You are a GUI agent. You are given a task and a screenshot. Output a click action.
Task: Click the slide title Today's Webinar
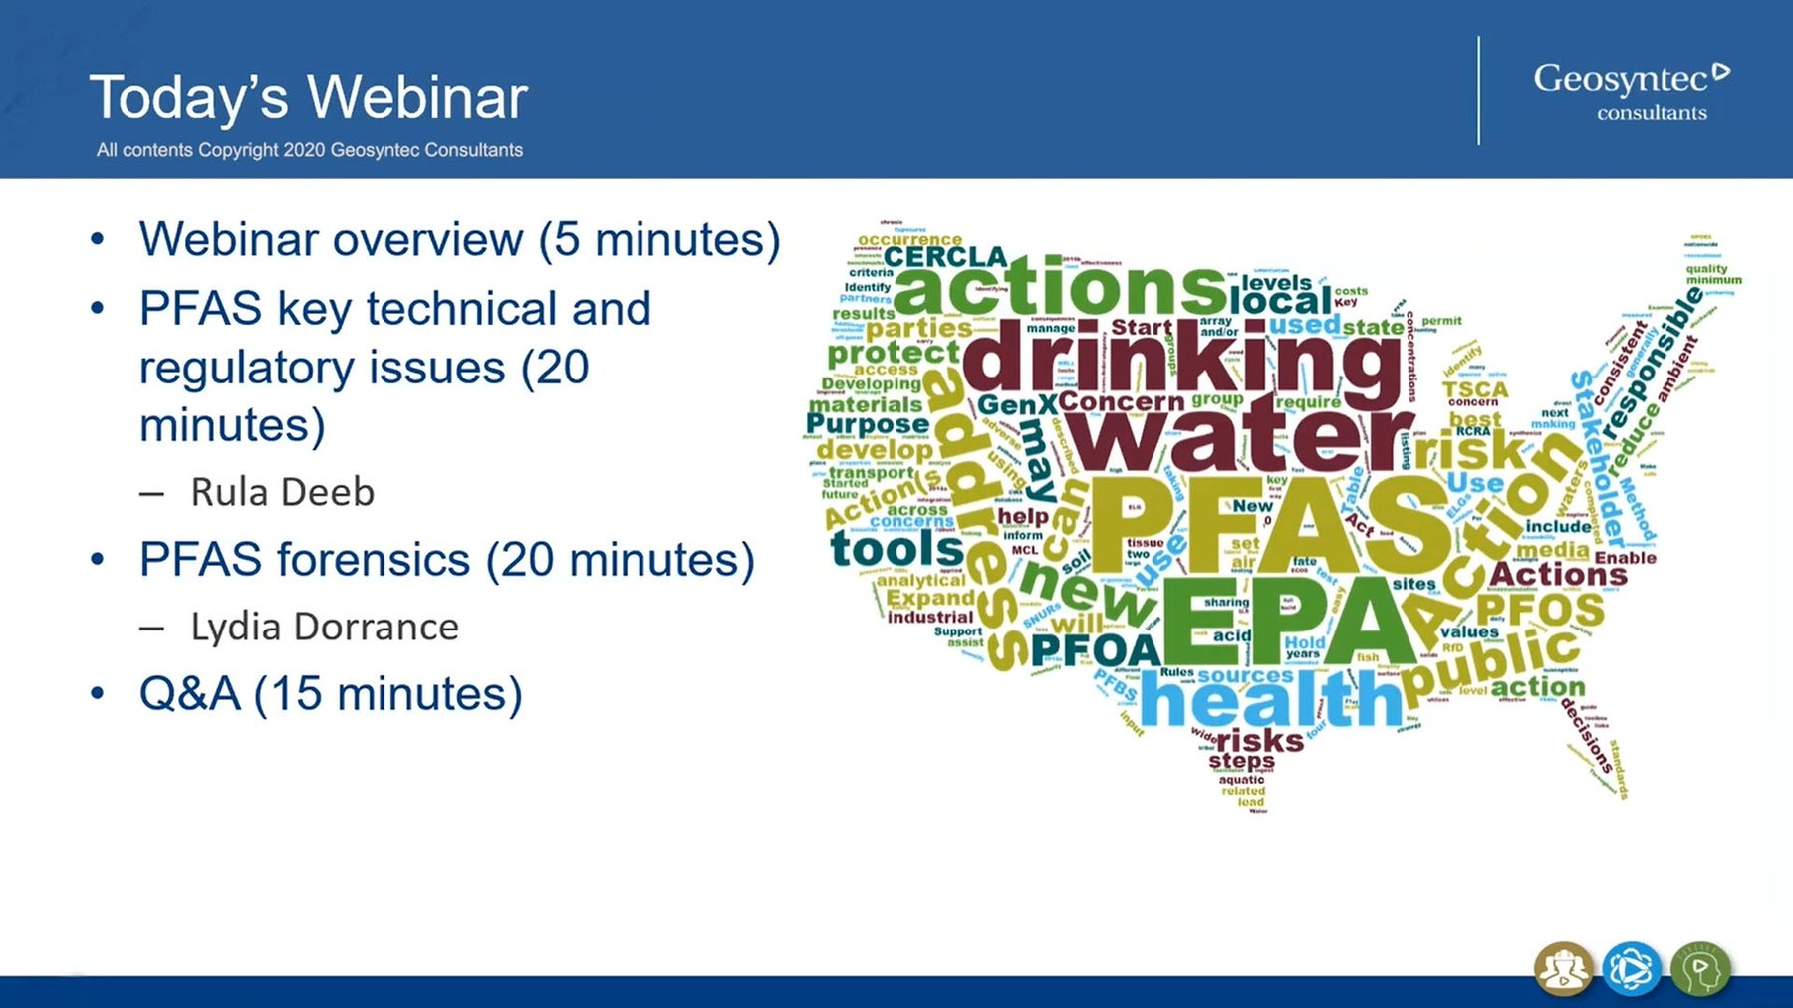point(308,98)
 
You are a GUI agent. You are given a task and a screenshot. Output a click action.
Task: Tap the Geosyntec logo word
point(1621,78)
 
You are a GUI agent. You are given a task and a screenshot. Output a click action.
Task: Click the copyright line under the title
point(309,150)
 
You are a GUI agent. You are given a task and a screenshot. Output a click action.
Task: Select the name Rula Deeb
point(282,492)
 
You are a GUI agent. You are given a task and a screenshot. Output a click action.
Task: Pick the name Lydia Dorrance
point(325,627)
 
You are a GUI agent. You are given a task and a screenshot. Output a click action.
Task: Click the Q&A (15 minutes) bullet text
point(330,693)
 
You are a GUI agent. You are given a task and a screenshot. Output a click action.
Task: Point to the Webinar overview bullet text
point(459,239)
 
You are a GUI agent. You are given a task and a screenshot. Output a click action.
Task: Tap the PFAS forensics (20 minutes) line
point(446,559)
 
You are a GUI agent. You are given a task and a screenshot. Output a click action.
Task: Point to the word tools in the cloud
point(896,548)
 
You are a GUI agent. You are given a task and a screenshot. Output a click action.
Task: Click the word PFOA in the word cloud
point(1096,651)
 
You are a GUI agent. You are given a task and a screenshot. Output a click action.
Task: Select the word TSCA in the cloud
point(1474,389)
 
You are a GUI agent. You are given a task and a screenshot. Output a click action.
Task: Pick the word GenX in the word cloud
point(1016,405)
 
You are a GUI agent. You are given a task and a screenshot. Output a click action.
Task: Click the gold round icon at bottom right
point(1563,968)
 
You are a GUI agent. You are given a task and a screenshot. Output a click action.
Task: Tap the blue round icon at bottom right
point(1631,968)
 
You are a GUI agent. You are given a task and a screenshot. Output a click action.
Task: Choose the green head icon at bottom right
point(1700,968)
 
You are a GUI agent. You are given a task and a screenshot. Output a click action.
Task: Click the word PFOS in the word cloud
point(1540,609)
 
